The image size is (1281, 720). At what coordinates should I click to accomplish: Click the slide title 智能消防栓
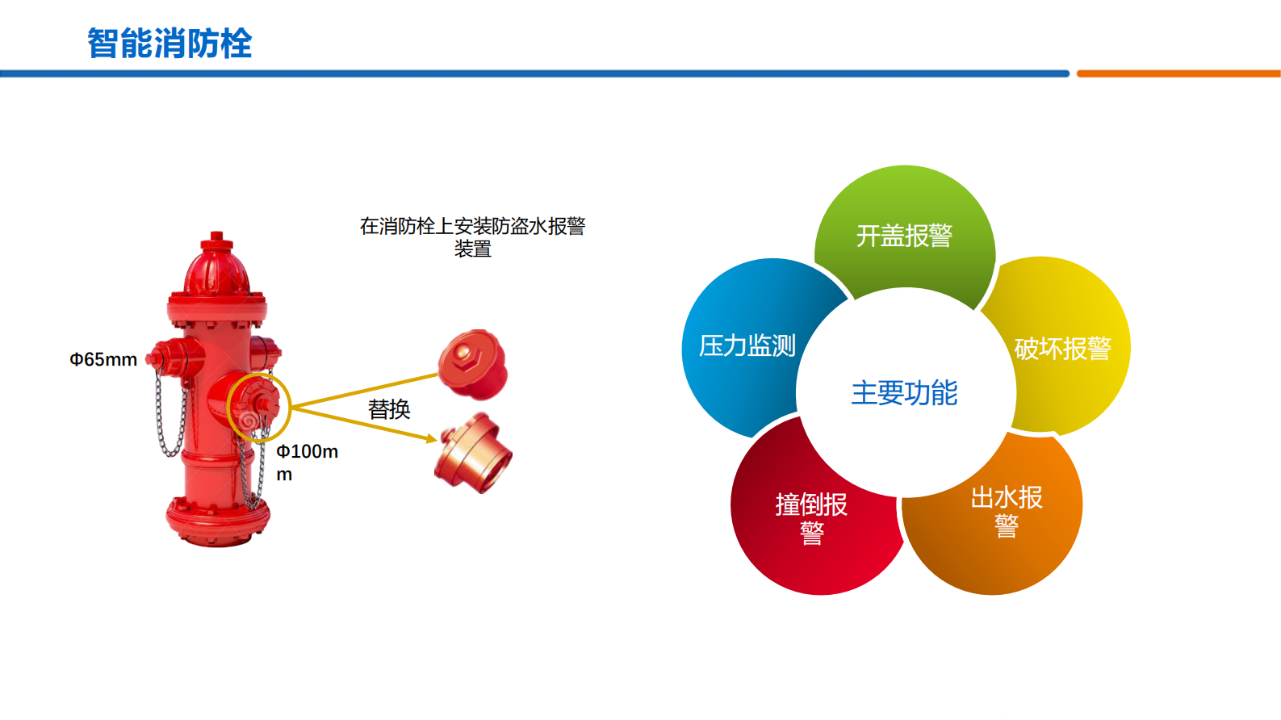(x=170, y=44)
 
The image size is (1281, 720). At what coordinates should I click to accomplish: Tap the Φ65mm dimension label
(x=103, y=360)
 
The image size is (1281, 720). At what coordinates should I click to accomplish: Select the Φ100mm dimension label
(x=307, y=462)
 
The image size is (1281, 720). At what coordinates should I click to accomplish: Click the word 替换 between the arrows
(x=389, y=409)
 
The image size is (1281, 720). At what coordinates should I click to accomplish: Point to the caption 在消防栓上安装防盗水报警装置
(x=472, y=237)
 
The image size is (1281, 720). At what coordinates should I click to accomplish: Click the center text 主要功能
(x=904, y=393)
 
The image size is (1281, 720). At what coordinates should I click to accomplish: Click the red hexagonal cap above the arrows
(x=473, y=364)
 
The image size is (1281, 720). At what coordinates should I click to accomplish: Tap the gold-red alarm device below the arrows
(x=474, y=454)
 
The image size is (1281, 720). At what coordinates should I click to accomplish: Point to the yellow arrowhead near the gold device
(x=431, y=439)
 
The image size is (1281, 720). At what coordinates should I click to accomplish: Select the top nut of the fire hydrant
(x=216, y=240)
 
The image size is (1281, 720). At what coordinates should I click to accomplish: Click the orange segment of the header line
(x=1178, y=73)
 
